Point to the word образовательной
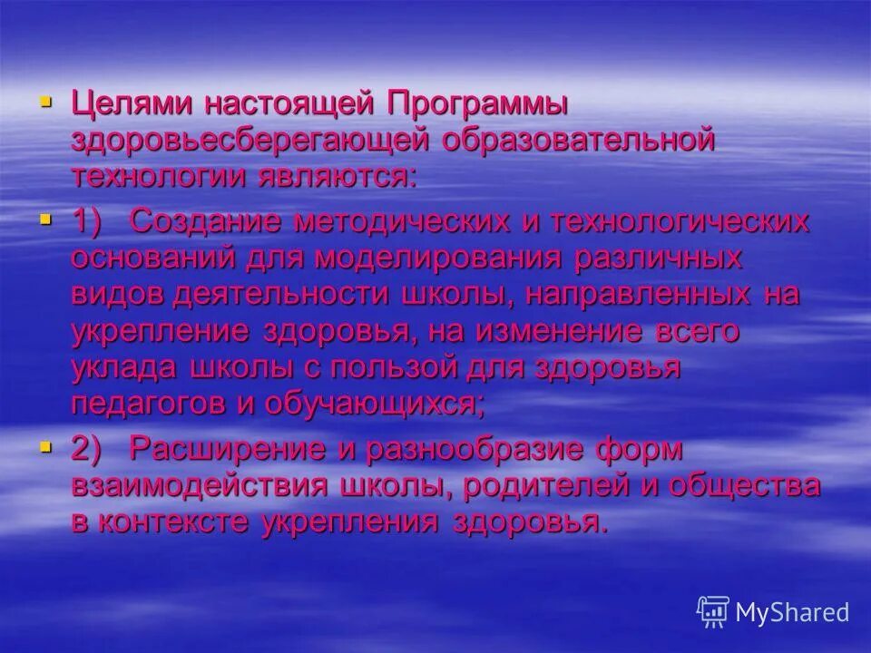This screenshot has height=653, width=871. [x=581, y=141]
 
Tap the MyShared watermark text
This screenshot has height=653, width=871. [x=791, y=611]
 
